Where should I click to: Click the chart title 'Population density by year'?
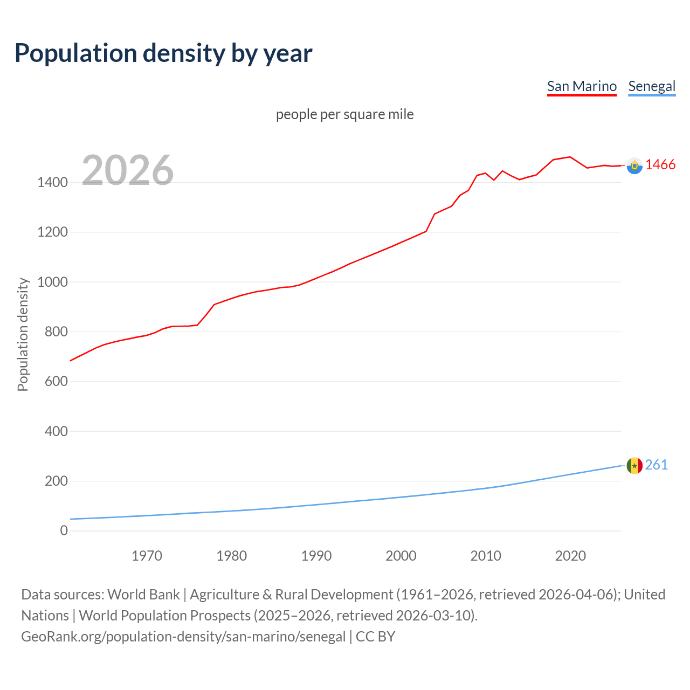click(163, 53)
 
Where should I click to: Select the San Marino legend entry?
click(582, 86)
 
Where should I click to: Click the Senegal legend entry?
click(652, 86)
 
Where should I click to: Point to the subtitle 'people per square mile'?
click(345, 114)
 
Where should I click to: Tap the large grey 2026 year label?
click(128, 170)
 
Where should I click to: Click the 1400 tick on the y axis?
click(52, 183)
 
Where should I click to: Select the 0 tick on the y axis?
click(64, 531)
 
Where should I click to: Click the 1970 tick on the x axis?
click(147, 556)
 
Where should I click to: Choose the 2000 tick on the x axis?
click(401, 556)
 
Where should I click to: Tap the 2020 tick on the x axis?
click(570, 556)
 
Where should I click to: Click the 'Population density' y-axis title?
click(23, 334)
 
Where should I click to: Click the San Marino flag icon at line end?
click(634, 165)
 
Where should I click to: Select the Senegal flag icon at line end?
click(634, 466)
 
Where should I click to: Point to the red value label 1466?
click(660, 165)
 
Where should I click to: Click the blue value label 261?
click(657, 465)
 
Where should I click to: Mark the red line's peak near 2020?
click(570, 157)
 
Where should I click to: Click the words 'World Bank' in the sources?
click(143, 595)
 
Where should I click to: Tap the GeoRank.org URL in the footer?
click(183, 637)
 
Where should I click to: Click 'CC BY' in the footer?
click(376, 637)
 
